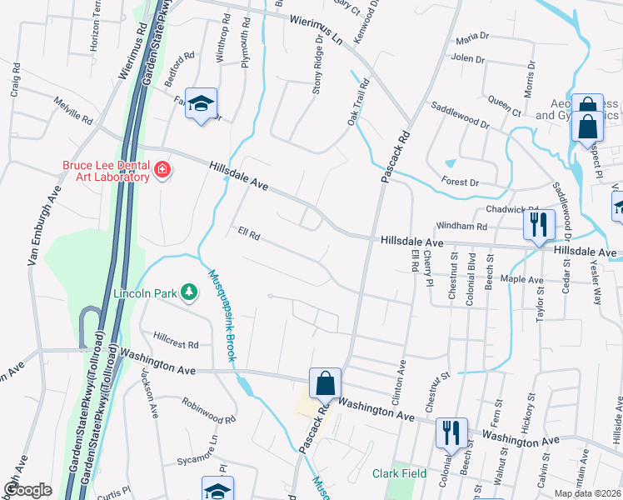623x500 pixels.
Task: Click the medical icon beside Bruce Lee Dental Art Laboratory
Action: [162, 172]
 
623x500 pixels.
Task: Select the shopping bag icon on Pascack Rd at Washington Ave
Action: [325, 383]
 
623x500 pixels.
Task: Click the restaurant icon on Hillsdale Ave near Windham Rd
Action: [538, 223]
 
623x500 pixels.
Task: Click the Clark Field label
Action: [399, 473]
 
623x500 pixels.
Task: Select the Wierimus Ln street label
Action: [316, 30]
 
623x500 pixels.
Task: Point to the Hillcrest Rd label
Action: [176, 344]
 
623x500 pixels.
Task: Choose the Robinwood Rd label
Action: [209, 409]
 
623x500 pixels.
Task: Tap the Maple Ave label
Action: [521, 280]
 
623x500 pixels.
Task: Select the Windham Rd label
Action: [460, 226]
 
